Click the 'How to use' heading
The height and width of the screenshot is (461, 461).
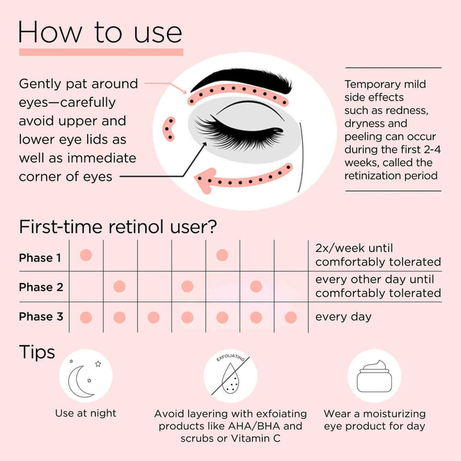(x=100, y=32)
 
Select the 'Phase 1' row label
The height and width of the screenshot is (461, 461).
(x=40, y=258)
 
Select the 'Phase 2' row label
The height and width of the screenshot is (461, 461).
(x=40, y=287)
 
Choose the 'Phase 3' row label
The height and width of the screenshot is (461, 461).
(x=40, y=317)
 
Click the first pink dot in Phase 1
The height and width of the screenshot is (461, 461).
(x=86, y=255)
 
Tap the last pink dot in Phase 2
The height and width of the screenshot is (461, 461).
(x=256, y=286)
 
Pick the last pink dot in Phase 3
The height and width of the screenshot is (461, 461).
(x=290, y=317)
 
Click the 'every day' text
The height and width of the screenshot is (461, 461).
(x=343, y=317)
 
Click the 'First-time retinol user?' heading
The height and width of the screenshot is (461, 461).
(x=118, y=227)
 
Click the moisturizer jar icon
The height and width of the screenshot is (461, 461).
(x=374, y=378)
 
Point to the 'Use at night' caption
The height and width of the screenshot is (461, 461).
(x=86, y=414)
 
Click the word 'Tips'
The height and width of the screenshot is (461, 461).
(x=37, y=352)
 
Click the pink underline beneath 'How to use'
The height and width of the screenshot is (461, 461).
(x=101, y=52)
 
